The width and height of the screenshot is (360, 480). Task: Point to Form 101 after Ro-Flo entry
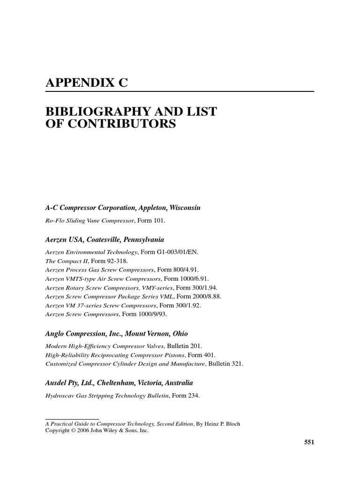[151, 220]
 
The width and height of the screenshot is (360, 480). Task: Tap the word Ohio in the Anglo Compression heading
[180, 334]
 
